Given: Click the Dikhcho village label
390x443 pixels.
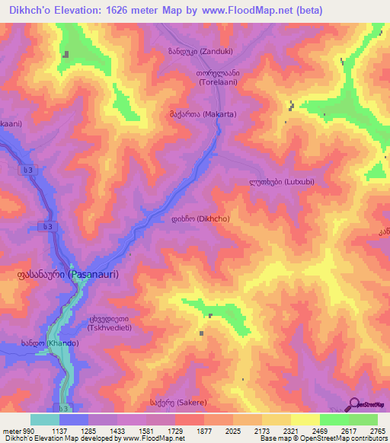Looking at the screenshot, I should click(200, 218).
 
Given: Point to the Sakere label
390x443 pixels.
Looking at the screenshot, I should click(177, 402).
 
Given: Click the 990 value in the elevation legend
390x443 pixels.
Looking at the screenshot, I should click(20, 430).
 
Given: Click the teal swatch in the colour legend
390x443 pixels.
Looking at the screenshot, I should click(45, 419).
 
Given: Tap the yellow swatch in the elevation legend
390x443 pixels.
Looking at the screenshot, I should click(305, 419).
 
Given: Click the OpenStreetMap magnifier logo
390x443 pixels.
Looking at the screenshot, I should click(355, 404).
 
